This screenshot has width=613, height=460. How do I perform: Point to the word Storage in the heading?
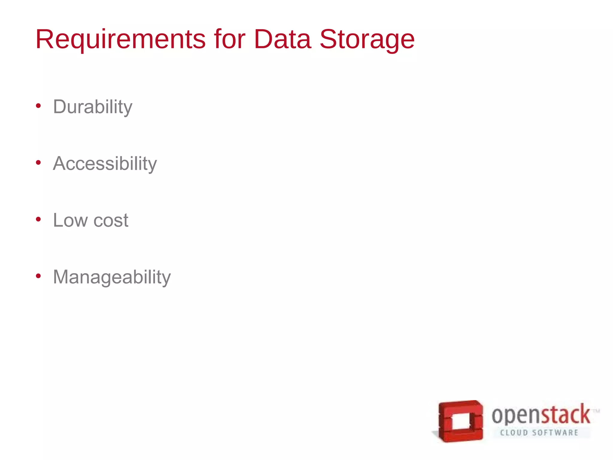[367, 40]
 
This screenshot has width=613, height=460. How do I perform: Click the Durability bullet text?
[92, 107]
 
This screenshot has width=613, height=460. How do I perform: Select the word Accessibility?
[105, 164]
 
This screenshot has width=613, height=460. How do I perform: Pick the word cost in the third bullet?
[111, 221]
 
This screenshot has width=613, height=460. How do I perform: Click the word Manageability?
[112, 277]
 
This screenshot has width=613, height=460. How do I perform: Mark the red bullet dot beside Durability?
[38, 106]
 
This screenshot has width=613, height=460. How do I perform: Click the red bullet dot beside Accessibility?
[38, 163]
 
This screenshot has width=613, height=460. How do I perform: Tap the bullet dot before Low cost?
[38, 220]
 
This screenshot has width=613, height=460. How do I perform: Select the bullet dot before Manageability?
[38, 276]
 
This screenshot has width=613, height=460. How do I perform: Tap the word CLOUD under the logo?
[514, 433]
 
